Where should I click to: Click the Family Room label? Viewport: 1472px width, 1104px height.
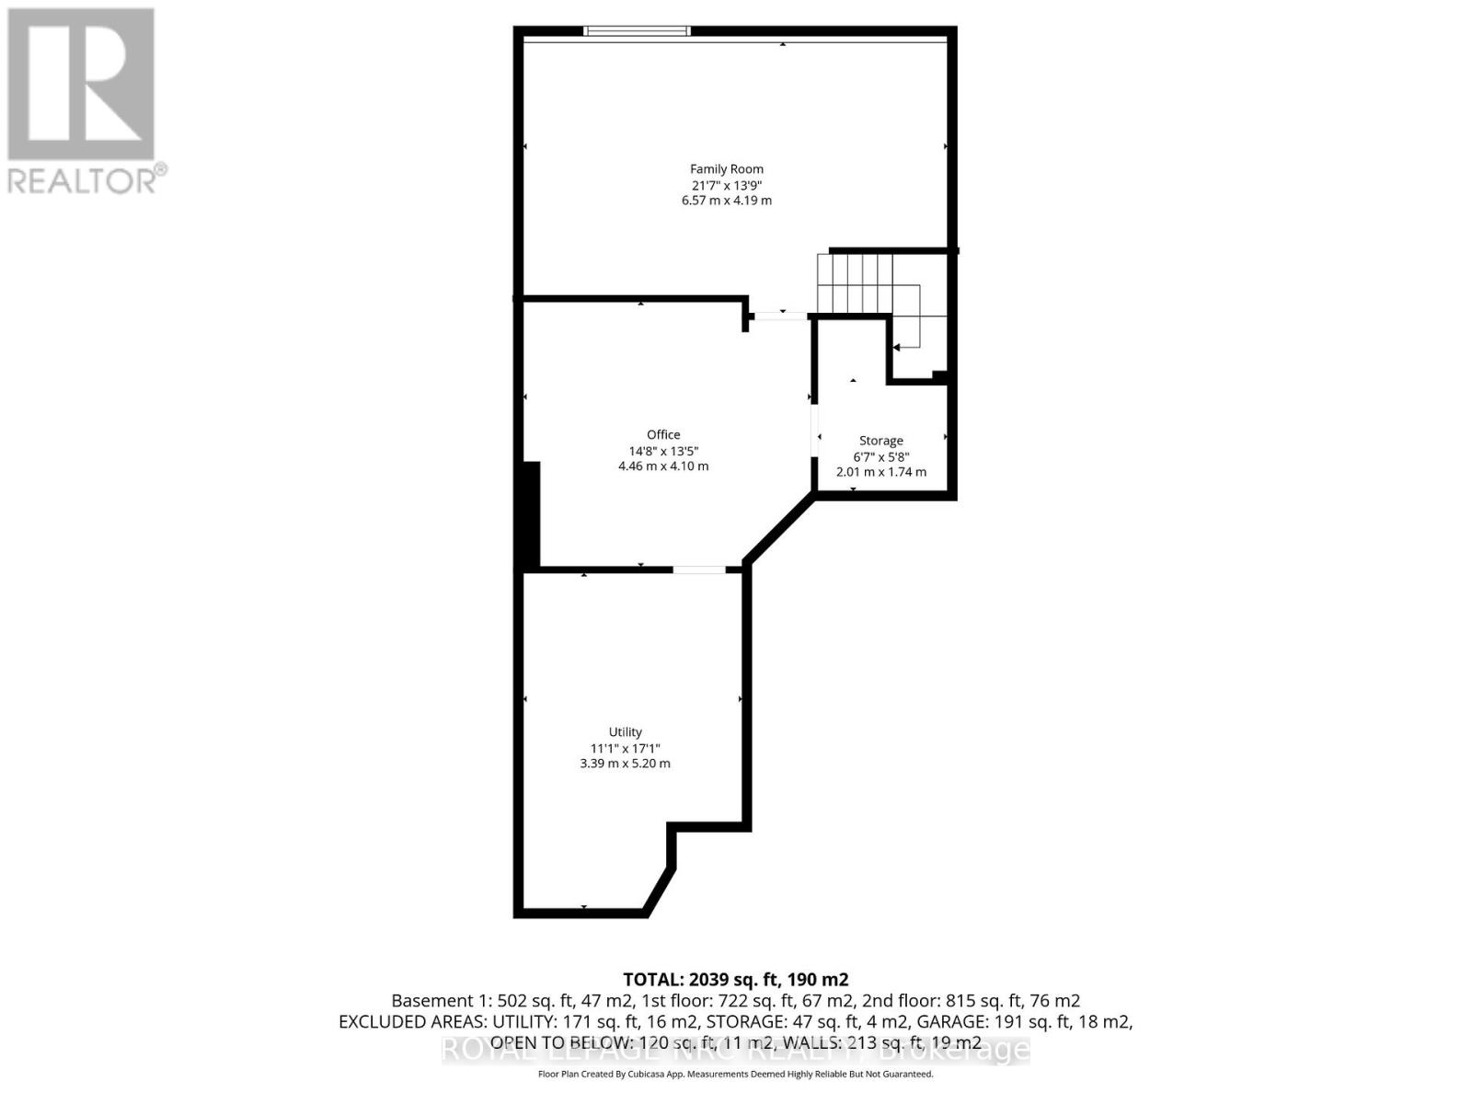(727, 169)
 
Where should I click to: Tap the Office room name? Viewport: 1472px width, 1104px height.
(663, 435)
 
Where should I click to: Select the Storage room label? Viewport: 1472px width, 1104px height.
(880, 441)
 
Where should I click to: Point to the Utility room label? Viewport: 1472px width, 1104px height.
(625, 732)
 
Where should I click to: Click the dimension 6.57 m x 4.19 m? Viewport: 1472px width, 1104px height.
(727, 201)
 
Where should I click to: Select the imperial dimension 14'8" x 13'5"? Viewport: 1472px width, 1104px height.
(663, 451)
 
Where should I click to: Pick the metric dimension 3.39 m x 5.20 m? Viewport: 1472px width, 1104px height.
(625, 764)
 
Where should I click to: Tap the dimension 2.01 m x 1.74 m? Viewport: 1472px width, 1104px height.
(880, 472)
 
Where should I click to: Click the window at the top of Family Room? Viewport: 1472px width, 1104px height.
(637, 31)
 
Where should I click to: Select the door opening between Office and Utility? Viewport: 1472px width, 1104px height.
(699, 569)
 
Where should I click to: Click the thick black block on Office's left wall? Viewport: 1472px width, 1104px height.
(531, 515)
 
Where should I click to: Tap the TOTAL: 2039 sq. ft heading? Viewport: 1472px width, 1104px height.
(735, 979)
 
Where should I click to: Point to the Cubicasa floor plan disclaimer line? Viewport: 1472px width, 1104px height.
(735, 1075)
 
